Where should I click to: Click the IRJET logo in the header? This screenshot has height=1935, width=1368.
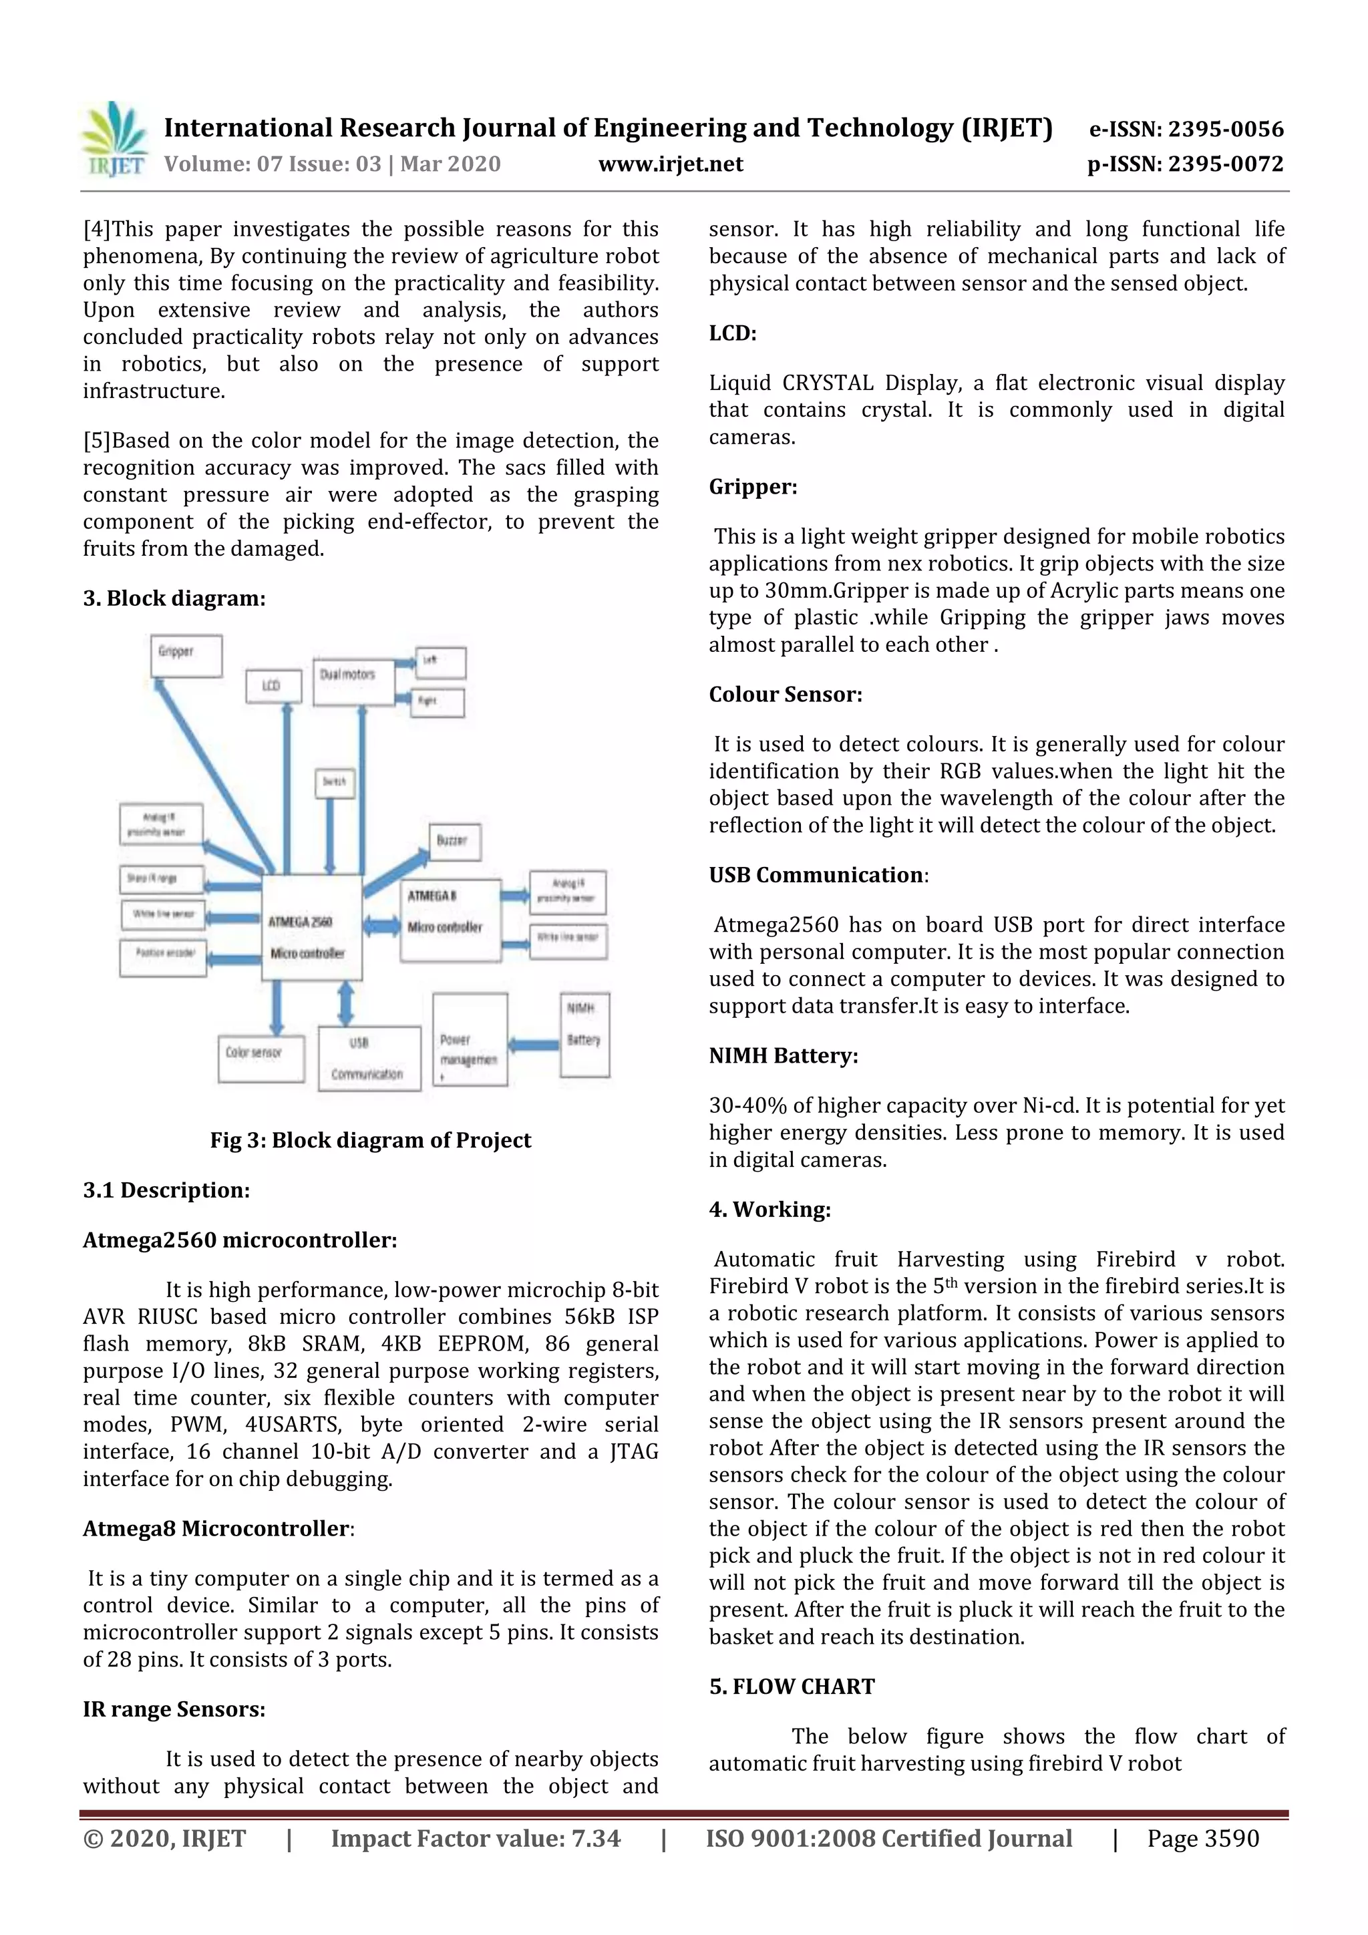(114, 140)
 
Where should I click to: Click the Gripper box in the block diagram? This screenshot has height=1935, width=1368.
(186, 656)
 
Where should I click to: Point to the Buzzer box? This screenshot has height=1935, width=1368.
(454, 841)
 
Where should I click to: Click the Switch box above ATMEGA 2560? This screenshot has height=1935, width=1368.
(334, 782)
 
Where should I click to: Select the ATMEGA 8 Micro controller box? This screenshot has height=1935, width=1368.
(450, 920)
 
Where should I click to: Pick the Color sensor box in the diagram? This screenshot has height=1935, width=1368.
(261, 1059)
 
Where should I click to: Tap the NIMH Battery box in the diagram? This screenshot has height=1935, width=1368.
(584, 1034)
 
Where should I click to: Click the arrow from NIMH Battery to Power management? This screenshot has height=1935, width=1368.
(534, 1045)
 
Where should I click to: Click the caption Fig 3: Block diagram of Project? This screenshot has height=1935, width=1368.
(370, 1140)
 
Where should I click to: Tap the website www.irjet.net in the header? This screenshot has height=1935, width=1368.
(670, 164)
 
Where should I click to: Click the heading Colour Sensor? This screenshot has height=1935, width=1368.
(785, 695)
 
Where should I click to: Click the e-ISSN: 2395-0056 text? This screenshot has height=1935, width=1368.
(1186, 129)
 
